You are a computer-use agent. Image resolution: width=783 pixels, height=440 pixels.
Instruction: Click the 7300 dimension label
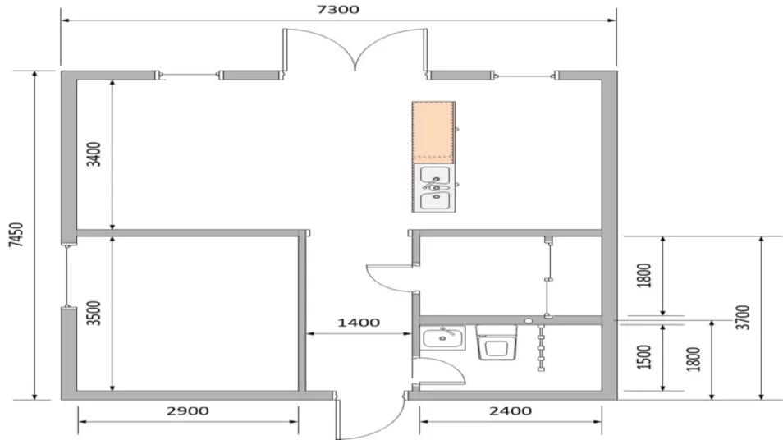(338, 10)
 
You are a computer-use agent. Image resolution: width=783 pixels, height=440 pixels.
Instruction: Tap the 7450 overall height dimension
(16, 235)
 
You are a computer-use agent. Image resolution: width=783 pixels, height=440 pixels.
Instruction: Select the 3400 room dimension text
(94, 154)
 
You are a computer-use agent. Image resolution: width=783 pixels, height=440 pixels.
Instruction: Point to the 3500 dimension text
(94, 313)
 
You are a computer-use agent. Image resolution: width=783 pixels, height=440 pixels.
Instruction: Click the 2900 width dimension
(188, 411)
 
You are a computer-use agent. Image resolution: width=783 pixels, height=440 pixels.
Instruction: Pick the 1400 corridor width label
(359, 323)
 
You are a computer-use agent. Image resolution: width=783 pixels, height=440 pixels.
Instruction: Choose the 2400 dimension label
(511, 411)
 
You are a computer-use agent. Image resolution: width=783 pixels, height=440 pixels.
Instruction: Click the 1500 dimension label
(644, 356)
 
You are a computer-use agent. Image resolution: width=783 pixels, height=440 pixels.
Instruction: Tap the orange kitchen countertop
(433, 132)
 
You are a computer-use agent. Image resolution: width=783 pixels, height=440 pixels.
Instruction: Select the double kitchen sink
(435, 188)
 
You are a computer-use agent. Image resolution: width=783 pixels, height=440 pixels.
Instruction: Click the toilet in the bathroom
(496, 342)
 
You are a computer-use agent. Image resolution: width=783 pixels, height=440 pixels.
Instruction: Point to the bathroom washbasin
(442, 337)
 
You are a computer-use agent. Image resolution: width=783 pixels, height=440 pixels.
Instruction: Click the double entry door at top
(355, 50)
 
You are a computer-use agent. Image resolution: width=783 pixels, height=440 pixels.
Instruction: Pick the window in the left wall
(66, 276)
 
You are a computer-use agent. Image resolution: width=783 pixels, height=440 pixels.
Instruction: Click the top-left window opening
(190, 76)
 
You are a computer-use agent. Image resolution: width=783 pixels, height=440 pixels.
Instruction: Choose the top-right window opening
(525, 76)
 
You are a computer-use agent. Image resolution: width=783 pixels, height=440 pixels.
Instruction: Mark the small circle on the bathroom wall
(529, 321)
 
